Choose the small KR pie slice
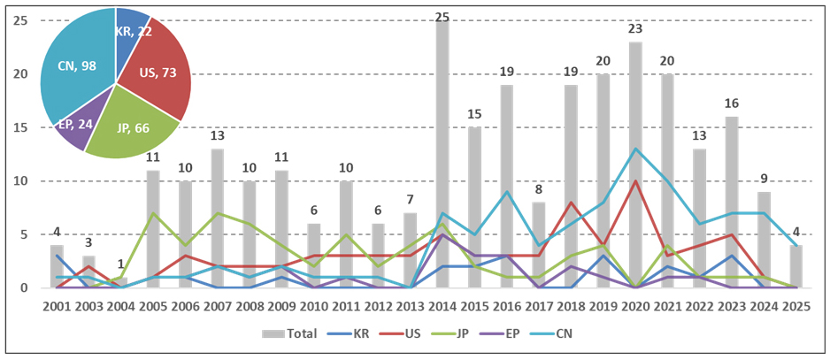(131, 29)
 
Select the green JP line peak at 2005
(153, 213)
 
